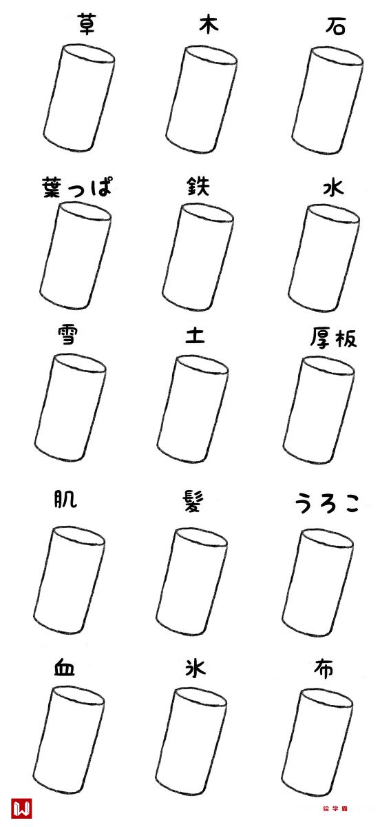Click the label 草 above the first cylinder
click(x=87, y=25)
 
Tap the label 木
click(x=209, y=25)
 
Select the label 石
click(x=335, y=27)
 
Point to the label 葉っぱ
click(x=76, y=187)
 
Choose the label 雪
click(x=67, y=334)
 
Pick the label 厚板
click(x=333, y=338)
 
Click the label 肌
click(x=65, y=499)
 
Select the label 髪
click(x=193, y=502)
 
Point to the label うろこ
click(x=327, y=504)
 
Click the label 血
click(x=65, y=668)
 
